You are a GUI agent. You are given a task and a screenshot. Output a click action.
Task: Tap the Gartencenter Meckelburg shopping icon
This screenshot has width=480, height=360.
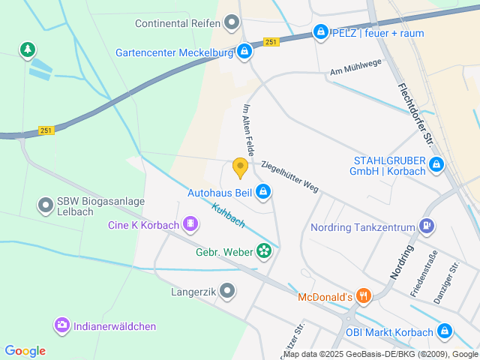click(x=244, y=52)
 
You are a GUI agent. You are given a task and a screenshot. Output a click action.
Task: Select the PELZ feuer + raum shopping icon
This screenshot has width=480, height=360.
click(x=321, y=32)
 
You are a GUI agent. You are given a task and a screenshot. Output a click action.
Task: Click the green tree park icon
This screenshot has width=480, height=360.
click(x=28, y=49)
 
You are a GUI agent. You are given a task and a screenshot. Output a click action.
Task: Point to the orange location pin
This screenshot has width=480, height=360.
click(x=240, y=167)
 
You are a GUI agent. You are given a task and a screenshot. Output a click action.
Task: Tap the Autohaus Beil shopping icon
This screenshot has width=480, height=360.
click(x=263, y=193)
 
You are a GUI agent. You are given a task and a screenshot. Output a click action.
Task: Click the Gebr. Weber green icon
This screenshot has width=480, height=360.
click(x=264, y=250)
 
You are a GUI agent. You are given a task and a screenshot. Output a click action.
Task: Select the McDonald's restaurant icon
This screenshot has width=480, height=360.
click(x=364, y=296)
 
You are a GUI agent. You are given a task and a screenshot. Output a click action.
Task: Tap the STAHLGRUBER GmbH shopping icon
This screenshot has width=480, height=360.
click(x=436, y=164)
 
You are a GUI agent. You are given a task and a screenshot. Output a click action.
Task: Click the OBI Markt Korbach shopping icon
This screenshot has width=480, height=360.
click(x=445, y=331)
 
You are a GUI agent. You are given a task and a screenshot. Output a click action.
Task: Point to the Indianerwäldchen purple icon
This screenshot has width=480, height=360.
click(x=61, y=325)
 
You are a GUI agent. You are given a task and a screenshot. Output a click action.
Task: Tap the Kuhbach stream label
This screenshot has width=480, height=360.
click(x=229, y=215)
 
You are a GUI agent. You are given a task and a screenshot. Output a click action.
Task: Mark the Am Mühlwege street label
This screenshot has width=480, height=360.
click(x=355, y=67)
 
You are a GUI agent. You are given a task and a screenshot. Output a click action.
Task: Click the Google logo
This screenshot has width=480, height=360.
click(x=25, y=350)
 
